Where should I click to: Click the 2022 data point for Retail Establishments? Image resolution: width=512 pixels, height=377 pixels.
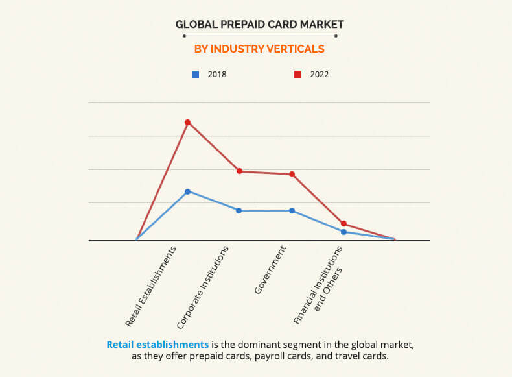point(187,122)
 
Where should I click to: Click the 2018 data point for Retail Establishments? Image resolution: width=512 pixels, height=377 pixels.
point(187,191)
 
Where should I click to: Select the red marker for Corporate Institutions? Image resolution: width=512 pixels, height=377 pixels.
point(239,171)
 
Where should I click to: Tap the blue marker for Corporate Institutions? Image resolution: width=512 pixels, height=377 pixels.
point(239,210)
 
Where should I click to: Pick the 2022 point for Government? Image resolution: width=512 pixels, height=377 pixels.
point(292,174)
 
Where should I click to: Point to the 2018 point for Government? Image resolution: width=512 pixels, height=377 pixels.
point(292,210)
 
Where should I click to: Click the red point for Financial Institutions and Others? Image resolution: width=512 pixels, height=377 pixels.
point(344,223)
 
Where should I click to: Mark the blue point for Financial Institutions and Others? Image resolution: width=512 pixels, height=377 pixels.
point(344,232)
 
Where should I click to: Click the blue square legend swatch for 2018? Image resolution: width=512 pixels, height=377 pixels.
point(195,74)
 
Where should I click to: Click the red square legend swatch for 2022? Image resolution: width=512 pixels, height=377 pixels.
point(297,74)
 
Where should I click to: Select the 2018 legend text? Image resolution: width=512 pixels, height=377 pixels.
point(217,74)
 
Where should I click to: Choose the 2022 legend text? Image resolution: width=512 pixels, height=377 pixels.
point(320,74)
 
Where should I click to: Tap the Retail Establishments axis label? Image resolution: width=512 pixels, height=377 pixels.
point(151,286)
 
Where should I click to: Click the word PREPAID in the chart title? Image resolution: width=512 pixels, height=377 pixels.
point(245,25)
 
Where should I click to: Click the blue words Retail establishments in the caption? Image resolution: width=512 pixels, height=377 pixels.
point(157,344)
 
